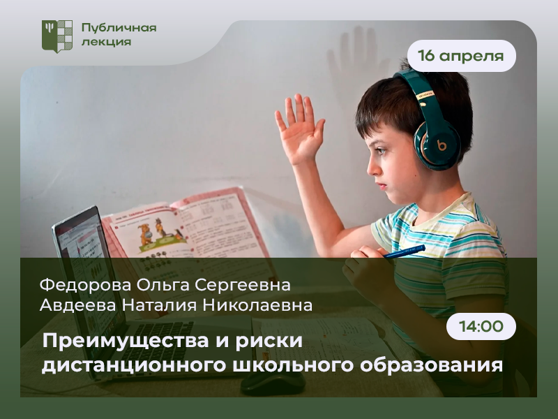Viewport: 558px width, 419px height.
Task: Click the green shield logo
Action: click(x=57, y=36)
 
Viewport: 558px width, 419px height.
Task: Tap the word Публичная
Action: click(x=119, y=28)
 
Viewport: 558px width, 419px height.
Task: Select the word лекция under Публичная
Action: click(x=107, y=42)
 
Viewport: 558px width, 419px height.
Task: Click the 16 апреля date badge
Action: click(x=461, y=56)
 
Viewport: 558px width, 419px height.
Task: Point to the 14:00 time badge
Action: click(x=481, y=326)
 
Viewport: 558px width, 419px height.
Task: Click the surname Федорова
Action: click(x=85, y=285)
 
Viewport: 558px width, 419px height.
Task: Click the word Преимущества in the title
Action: click(x=126, y=341)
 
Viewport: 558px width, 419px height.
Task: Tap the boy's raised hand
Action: click(x=300, y=129)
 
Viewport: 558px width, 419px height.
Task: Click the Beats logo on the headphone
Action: click(x=442, y=146)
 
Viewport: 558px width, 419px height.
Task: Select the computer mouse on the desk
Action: click(x=273, y=383)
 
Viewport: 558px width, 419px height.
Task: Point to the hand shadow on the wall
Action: click(x=356, y=61)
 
